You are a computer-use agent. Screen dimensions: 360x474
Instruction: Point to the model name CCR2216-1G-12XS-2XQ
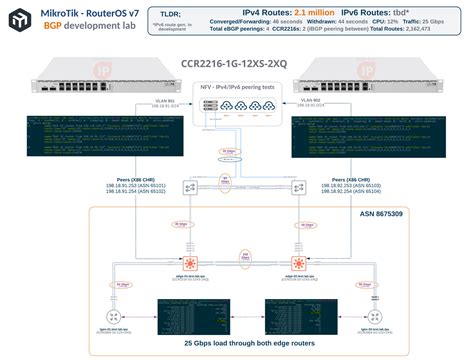(x=237, y=64)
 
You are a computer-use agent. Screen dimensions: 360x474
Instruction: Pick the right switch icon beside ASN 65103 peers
(x=297, y=187)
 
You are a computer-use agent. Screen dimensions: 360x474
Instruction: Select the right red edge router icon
(x=295, y=264)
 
